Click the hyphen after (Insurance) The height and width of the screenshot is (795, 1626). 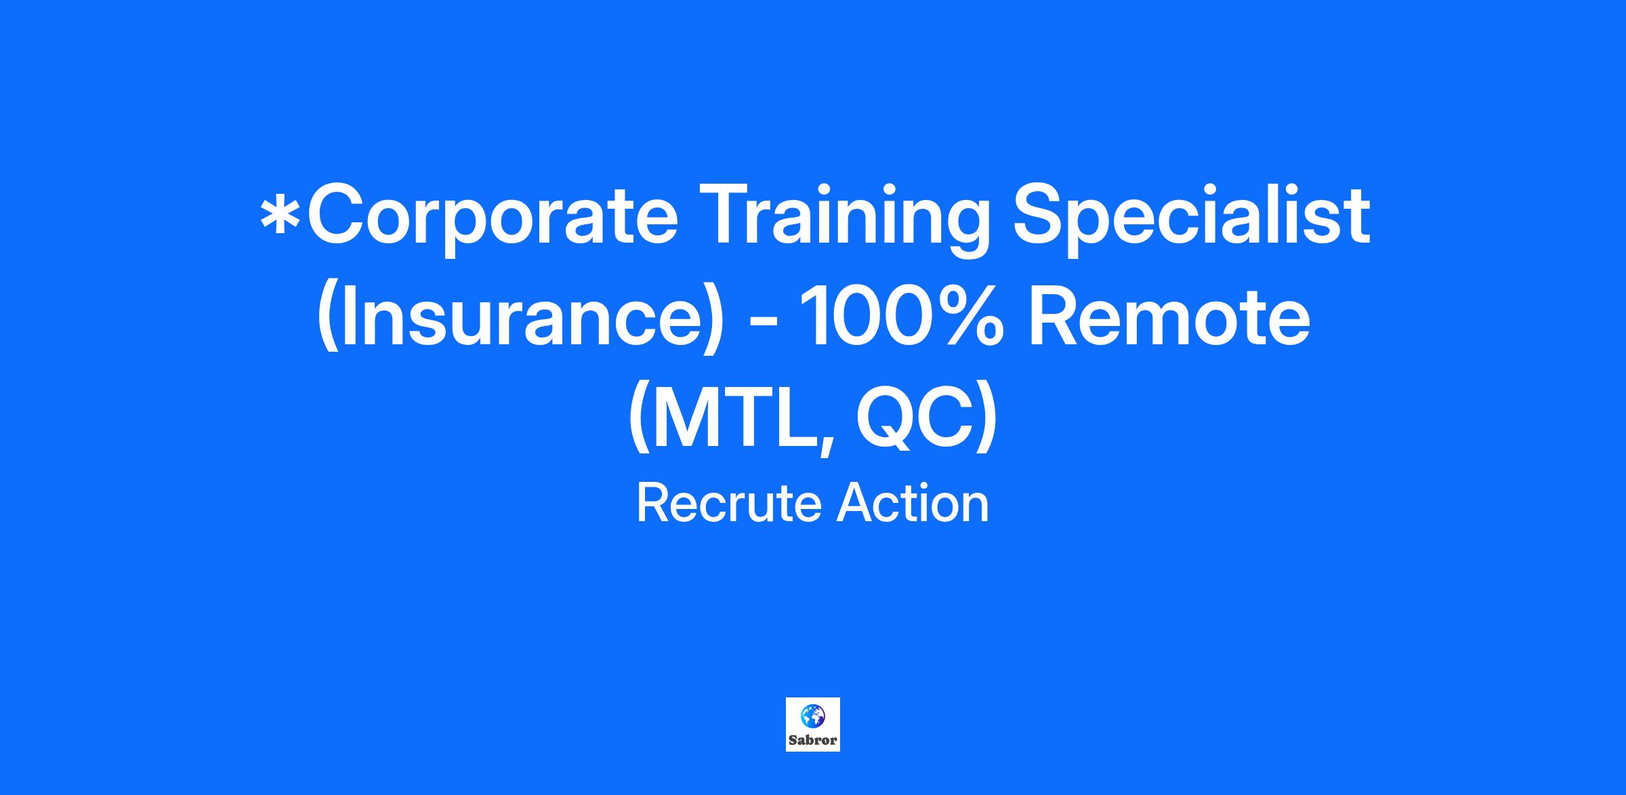pyautogui.click(x=763, y=325)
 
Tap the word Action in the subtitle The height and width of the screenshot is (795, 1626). pyautogui.click(x=913, y=505)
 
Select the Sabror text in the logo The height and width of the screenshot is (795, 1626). pyautogui.click(x=813, y=740)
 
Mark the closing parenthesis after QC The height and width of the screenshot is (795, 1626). pyautogui.click(x=988, y=420)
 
